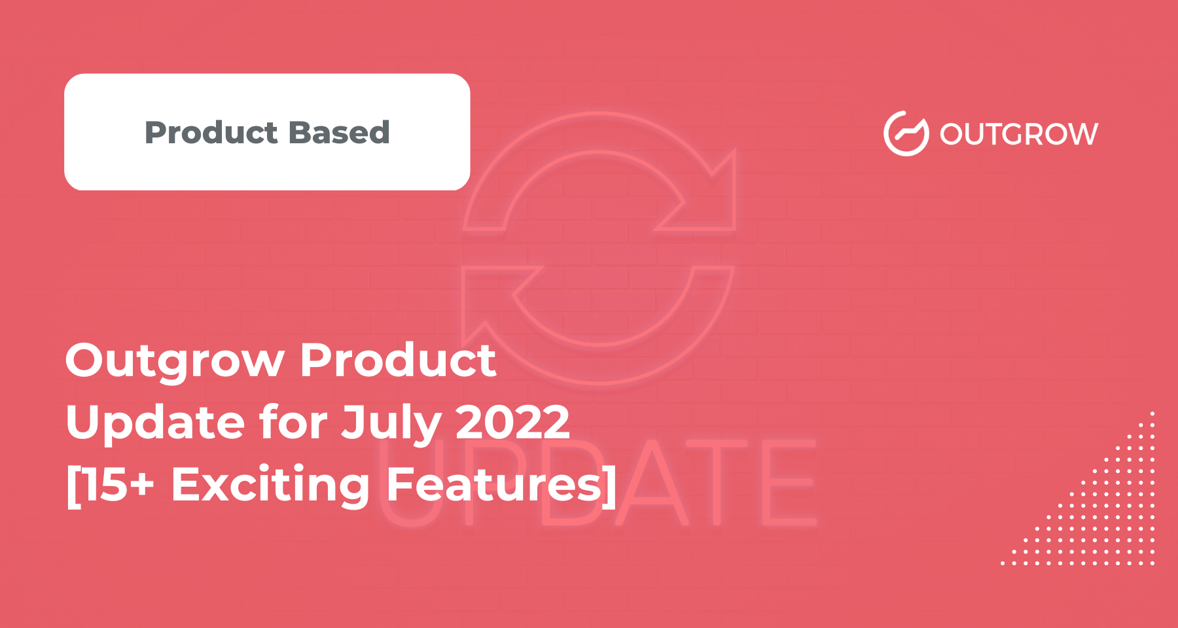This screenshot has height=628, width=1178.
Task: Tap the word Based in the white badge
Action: (340, 133)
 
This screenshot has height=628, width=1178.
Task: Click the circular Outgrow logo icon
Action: (906, 133)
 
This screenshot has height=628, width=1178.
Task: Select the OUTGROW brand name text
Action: (1019, 134)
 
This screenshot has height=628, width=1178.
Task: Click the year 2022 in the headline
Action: (512, 422)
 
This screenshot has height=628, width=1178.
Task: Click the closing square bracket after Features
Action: (609, 485)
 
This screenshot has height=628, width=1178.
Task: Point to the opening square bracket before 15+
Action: (73, 485)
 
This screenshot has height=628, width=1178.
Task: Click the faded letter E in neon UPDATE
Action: (789, 483)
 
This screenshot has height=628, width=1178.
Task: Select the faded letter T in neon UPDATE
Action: (716, 483)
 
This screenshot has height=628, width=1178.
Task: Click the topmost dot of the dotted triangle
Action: (1152, 413)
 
